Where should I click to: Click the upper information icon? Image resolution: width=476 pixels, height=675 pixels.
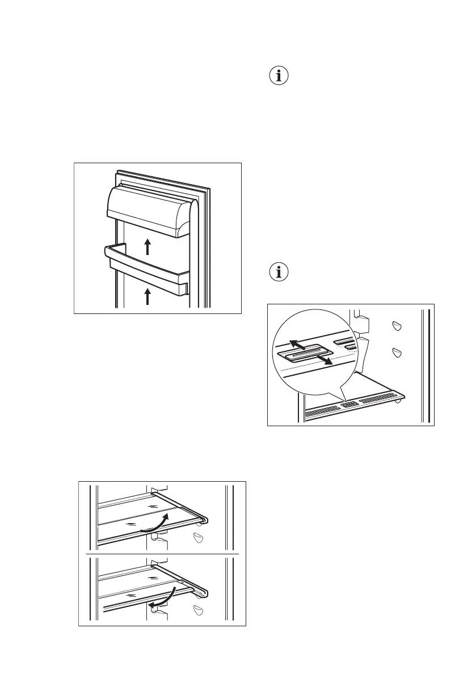click(x=278, y=77)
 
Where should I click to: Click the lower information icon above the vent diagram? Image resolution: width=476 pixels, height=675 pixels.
click(x=278, y=273)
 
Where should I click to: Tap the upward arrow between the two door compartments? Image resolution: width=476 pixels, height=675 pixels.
click(x=148, y=247)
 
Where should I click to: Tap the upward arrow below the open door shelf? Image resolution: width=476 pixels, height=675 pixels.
click(x=148, y=296)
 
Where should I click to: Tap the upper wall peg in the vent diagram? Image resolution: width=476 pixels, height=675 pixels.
click(x=397, y=326)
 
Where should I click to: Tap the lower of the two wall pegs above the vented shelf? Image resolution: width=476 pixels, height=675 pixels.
click(x=397, y=353)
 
